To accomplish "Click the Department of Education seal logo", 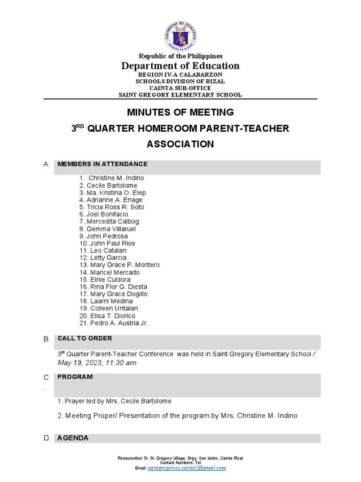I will click(180, 36).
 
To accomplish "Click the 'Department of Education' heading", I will click(180, 66).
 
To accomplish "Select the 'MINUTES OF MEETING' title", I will click(180, 112).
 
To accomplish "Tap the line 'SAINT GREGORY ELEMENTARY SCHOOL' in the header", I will click(180, 95).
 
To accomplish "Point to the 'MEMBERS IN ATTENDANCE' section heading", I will click(102, 164).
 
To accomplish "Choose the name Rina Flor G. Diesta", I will click(118, 287).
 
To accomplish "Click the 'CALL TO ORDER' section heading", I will click(85, 338).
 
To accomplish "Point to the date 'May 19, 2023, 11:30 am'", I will click(97, 362).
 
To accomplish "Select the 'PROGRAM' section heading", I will click(75, 377).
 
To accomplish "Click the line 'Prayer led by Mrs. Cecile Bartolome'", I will click(114, 401).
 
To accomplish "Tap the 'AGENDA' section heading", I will click(73, 438).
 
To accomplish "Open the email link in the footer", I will click(187, 468).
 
